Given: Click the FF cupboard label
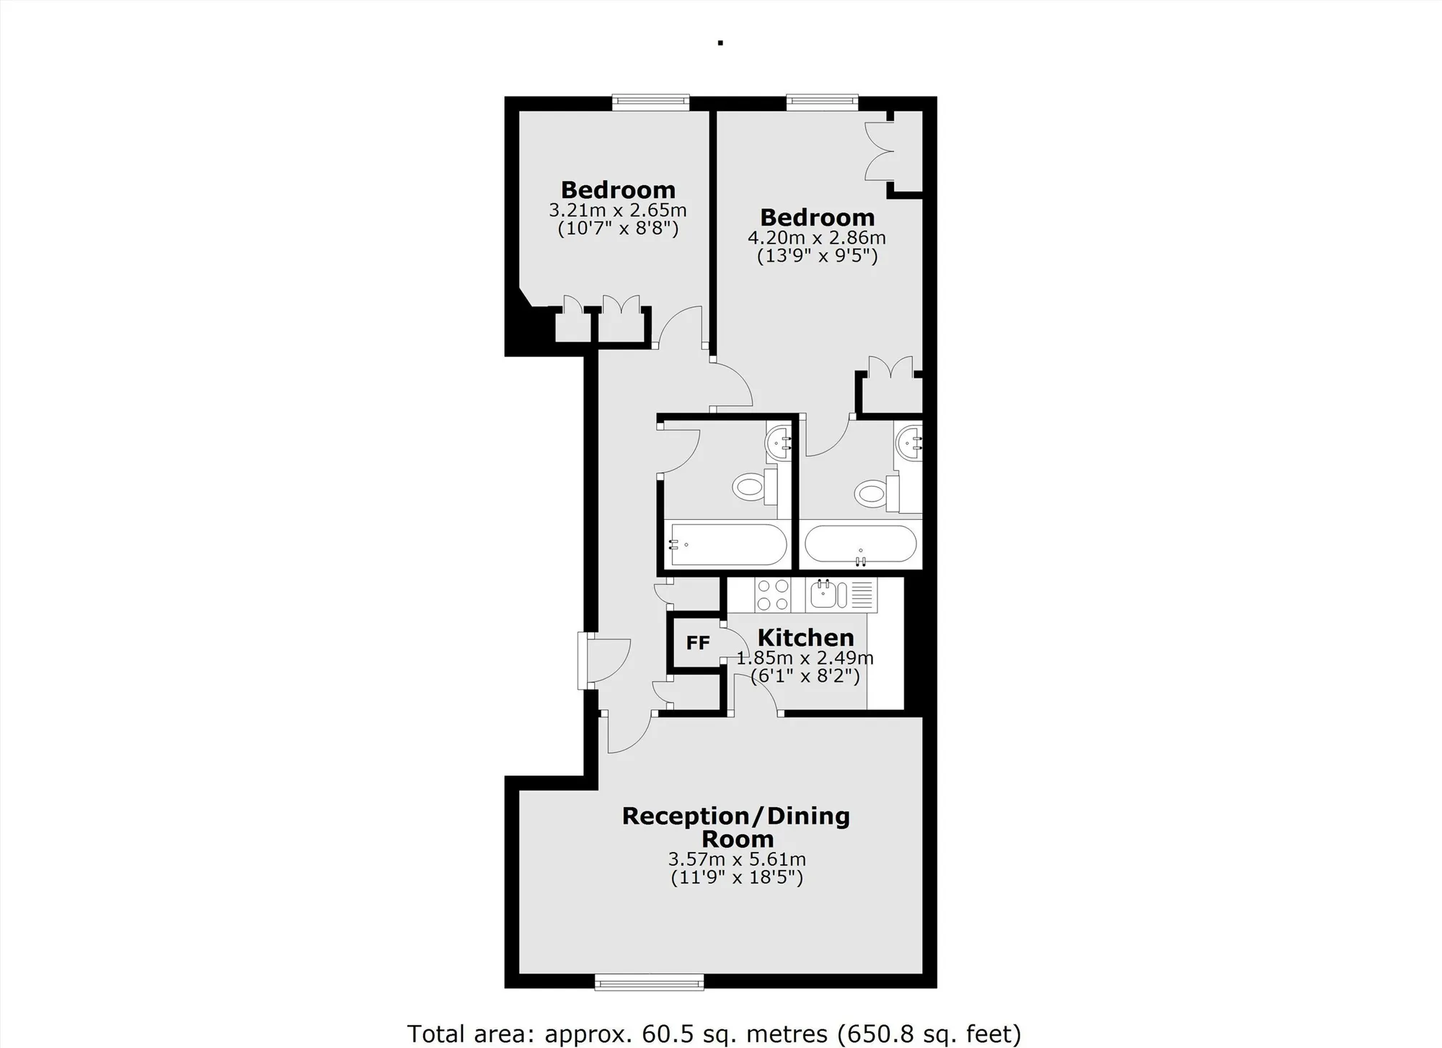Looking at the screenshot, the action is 698,643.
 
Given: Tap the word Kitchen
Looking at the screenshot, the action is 805,638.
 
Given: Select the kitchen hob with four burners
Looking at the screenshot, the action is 773,595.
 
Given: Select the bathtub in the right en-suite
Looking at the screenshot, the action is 860,544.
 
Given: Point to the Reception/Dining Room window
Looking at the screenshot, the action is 649,980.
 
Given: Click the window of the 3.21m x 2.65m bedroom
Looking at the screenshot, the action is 650,103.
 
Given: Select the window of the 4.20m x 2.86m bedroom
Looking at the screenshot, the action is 822,103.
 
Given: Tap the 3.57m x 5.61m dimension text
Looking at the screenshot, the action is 737,859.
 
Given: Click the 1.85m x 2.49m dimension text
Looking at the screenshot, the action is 805,658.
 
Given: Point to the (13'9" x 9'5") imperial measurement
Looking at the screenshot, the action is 818,256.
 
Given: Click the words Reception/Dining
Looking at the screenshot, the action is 736,817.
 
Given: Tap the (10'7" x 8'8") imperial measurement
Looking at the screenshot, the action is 618,229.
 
